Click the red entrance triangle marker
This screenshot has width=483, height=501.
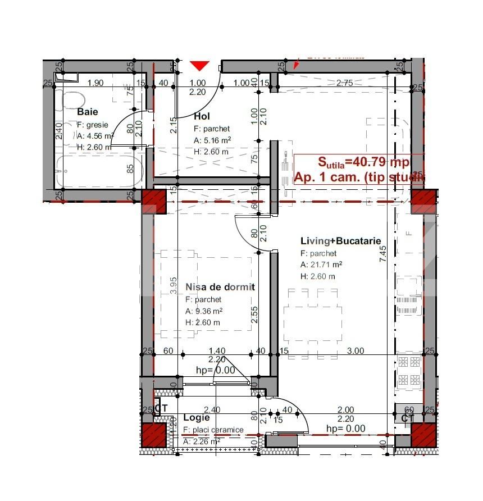199,66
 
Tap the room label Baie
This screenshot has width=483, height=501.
87,112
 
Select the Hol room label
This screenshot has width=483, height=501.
202,116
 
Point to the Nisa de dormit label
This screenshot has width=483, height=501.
220,287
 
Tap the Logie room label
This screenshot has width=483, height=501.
197,418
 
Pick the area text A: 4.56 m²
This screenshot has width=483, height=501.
95,136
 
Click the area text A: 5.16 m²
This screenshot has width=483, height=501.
212,141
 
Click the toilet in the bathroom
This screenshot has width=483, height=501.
71,101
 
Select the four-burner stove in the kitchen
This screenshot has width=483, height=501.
408,371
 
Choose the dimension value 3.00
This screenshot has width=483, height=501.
355,351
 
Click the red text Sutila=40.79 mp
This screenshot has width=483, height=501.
357,162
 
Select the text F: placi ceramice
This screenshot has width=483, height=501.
213,430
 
